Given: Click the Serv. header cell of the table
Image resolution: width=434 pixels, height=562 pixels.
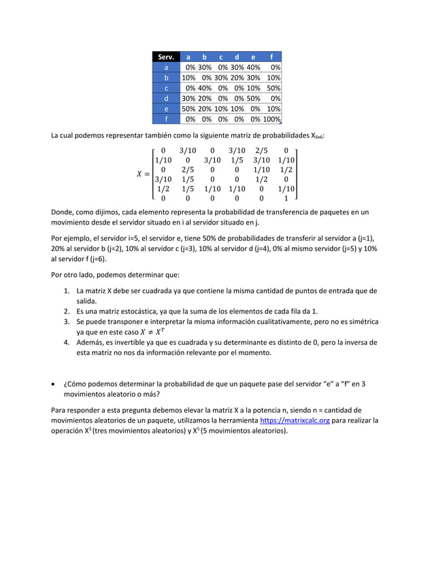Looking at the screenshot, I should (x=166, y=57).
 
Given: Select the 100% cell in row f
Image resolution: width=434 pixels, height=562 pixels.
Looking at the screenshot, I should (x=272, y=119).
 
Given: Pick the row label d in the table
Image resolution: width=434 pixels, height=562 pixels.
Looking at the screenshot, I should (x=166, y=98).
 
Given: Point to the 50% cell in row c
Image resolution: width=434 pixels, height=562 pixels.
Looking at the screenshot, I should (x=273, y=88).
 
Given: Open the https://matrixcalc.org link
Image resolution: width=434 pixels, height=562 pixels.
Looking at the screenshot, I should (x=295, y=420).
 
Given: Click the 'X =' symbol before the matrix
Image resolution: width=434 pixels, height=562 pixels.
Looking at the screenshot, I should (x=143, y=173).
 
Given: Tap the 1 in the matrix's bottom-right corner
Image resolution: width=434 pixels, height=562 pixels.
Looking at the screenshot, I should (x=286, y=199).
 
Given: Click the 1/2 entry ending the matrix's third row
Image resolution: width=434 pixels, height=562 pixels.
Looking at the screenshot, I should (x=286, y=169).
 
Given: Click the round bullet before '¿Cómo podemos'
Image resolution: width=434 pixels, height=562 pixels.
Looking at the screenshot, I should (x=54, y=384).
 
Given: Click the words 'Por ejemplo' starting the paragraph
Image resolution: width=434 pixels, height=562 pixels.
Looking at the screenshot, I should (x=69, y=237).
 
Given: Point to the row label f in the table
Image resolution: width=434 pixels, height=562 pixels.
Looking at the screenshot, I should (x=166, y=119).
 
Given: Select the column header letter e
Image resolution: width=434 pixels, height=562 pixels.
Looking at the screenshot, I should (x=253, y=57).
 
